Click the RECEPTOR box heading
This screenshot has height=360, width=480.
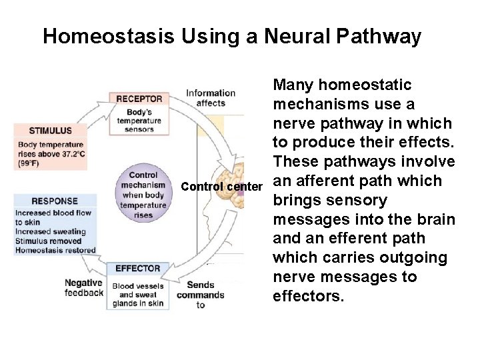point(139,99)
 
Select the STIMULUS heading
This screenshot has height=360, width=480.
point(51,130)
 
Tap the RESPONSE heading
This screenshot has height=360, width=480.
point(55,201)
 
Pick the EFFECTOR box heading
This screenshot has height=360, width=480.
point(138,269)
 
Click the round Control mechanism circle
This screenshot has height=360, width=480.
point(143,195)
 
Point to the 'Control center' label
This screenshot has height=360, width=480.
point(222,187)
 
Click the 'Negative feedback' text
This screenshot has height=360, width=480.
point(83,287)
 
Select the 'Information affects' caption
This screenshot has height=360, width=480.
point(210,97)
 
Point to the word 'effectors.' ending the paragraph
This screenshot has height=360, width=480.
point(308,296)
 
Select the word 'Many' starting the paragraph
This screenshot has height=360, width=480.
point(294,85)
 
